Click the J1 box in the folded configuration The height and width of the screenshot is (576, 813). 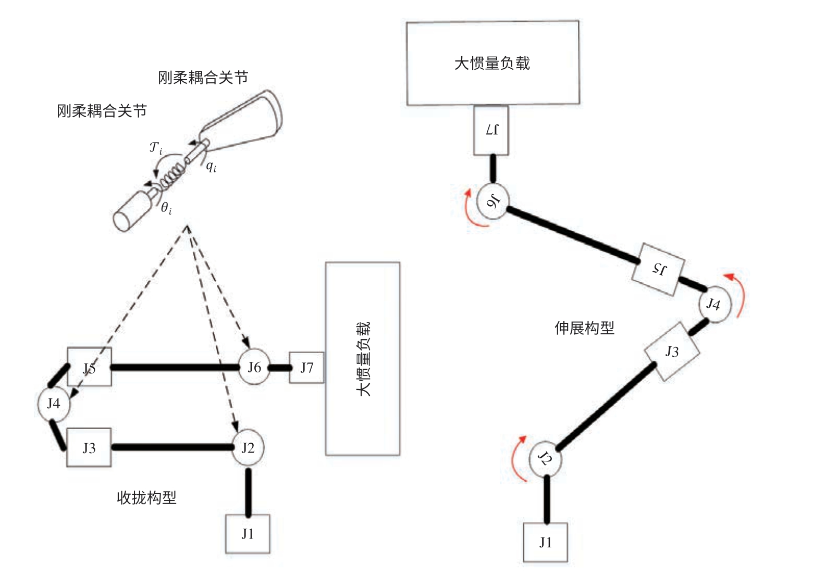[x=248, y=534]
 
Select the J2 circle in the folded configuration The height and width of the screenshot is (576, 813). [x=248, y=448]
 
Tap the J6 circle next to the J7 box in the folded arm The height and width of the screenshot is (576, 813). [x=254, y=368]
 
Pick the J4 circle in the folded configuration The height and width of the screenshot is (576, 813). [x=54, y=404]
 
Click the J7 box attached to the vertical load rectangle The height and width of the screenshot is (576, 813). [x=306, y=368]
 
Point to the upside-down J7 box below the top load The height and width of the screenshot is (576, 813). [x=491, y=130]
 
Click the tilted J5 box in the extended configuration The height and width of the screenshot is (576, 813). [x=659, y=269]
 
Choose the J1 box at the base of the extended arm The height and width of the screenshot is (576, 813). [x=545, y=543]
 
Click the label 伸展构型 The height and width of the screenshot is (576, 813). [x=584, y=328]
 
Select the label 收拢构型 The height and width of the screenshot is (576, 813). [x=146, y=498]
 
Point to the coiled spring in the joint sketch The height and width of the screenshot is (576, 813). [x=173, y=176]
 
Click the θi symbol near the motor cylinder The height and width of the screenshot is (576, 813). [x=166, y=208]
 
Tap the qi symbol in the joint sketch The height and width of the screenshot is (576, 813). [x=211, y=166]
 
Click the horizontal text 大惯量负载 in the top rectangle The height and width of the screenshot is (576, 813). [x=492, y=64]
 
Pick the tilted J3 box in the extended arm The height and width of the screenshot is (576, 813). [x=672, y=352]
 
